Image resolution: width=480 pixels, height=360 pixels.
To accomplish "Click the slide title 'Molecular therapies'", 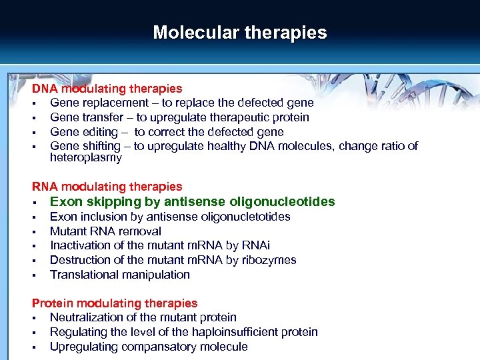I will [240, 33].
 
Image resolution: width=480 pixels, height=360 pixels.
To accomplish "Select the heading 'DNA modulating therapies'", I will [107, 89].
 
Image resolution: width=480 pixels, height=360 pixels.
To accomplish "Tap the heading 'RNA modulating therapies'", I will [107, 187].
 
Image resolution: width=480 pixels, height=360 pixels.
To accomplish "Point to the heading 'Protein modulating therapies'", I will [115, 303].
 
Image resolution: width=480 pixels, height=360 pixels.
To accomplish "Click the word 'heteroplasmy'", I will [85, 158].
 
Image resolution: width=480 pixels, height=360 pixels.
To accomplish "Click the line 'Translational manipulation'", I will [120, 275].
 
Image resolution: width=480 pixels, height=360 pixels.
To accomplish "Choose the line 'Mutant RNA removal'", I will [105, 231].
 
